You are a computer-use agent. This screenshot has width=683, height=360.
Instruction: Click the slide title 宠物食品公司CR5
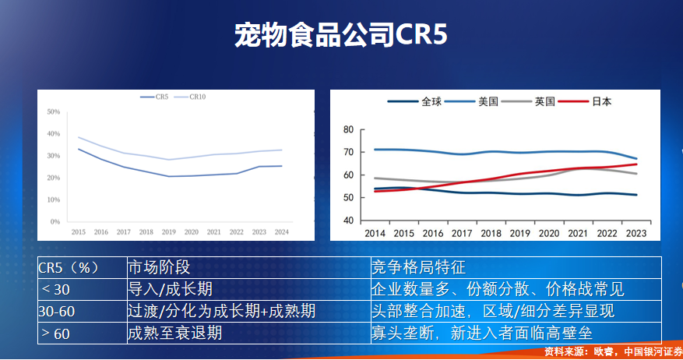(341, 35)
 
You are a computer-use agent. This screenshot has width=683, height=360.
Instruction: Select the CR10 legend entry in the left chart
(195, 97)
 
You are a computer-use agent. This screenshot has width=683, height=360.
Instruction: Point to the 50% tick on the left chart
(54, 112)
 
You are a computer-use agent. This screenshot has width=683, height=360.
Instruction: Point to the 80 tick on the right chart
(347, 130)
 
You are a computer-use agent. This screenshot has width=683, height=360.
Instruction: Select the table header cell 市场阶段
(159, 267)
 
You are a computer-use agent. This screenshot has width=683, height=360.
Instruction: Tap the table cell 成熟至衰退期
(175, 333)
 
